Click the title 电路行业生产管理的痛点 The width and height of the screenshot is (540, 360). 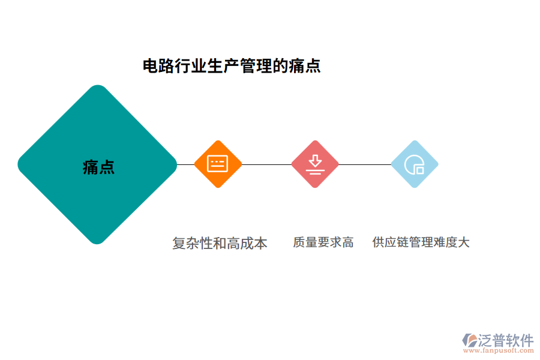(x=232, y=66)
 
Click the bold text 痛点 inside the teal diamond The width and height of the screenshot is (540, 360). (x=98, y=167)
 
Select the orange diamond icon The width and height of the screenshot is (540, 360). (x=218, y=164)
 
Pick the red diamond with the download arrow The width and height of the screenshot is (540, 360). (x=315, y=164)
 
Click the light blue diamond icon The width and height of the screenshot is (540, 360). (x=414, y=164)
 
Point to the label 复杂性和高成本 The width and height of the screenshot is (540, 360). (x=220, y=243)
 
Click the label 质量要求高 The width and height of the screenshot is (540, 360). (x=323, y=242)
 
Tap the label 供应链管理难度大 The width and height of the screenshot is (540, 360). (x=421, y=242)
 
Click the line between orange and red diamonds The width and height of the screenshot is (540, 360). (x=266, y=164)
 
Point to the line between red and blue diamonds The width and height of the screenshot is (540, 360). (x=365, y=164)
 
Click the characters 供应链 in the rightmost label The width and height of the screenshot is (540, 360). (x=389, y=242)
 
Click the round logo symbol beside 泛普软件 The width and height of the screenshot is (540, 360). (x=470, y=340)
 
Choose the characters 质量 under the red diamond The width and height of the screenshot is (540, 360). (x=305, y=242)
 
